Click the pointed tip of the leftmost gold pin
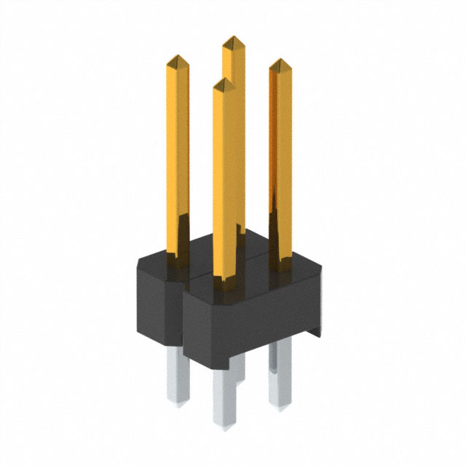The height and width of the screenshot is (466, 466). coord(178,57)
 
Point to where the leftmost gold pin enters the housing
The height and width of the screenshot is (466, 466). coord(178,254)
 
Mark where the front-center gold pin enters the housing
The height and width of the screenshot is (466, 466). coord(225,277)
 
